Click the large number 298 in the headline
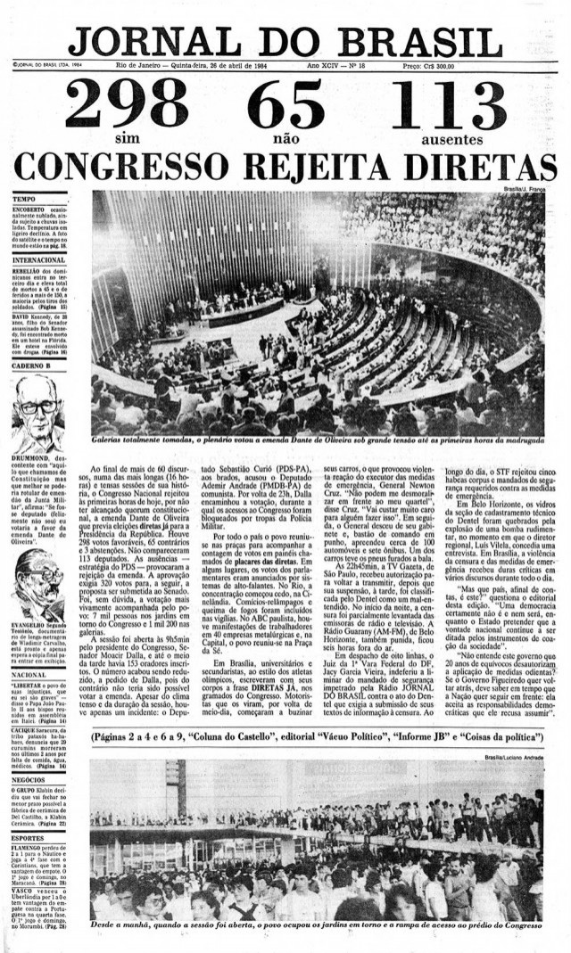coord(128,105)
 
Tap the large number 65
coord(285,105)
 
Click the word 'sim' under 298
coord(128,139)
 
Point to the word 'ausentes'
coord(452,139)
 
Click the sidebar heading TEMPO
coord(24,198)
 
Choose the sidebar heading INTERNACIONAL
coord(39,259)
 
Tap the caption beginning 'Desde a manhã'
coord(318,925)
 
